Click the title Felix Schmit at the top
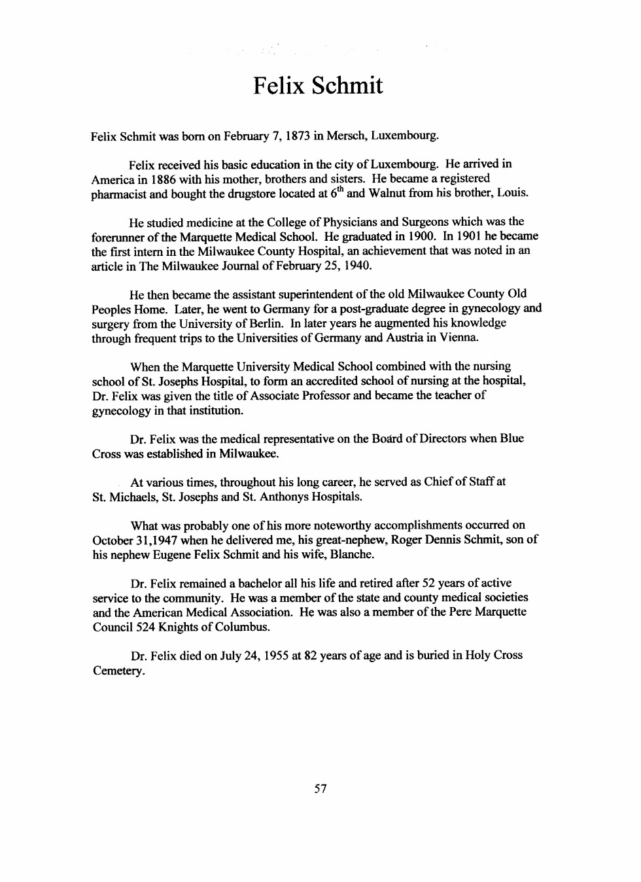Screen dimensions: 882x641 (318, 86)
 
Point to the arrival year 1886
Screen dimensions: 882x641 (164, 179)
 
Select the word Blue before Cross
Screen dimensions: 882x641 (511, 438)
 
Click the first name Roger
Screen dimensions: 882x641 (406, 540)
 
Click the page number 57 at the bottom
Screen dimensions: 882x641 (320, 789)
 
